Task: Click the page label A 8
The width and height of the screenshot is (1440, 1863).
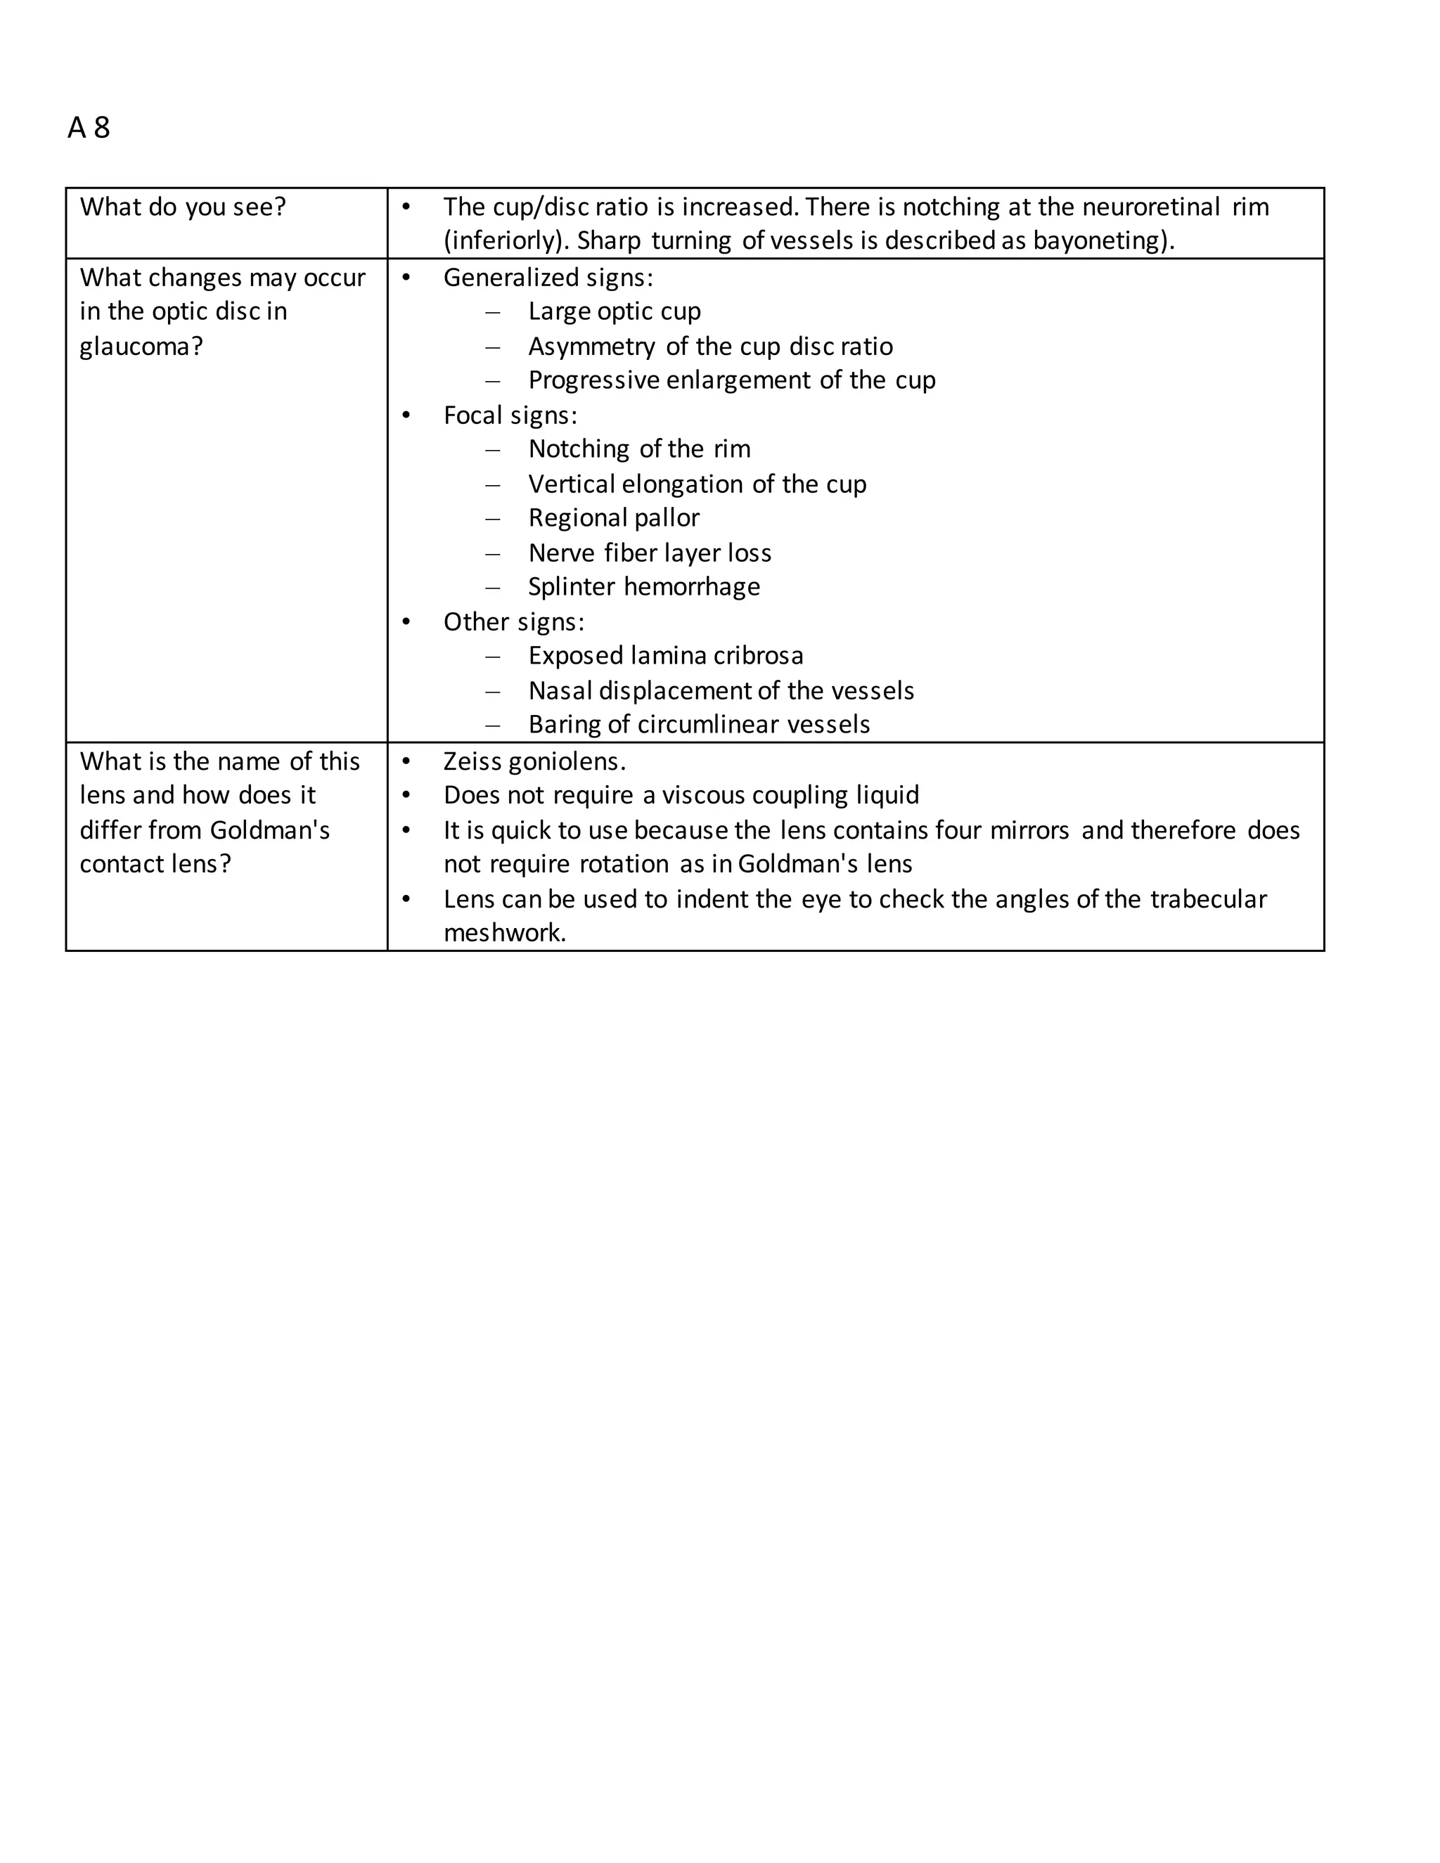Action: (89, 128)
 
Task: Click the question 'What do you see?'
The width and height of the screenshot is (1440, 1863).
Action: (183, 207)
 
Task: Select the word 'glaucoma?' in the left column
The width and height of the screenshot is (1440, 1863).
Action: (141, 347)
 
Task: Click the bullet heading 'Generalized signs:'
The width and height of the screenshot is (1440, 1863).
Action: (548, 278)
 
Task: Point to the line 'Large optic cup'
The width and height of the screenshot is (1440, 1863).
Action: (615, 311)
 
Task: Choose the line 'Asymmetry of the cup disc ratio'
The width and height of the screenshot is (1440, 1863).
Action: (709, 347)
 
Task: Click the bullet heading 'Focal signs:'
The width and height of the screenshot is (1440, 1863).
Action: (510, 415)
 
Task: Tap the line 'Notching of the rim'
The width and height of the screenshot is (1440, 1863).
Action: (639, 449)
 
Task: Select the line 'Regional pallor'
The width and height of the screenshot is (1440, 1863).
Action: (613, 518)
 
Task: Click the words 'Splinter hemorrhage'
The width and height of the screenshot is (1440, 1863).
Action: (643, 587)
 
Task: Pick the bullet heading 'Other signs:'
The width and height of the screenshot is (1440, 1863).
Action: (513, 622)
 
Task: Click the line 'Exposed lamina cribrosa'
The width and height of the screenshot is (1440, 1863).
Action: (665, 656)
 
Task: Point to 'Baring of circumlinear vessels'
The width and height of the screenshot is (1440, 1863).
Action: (699, 725)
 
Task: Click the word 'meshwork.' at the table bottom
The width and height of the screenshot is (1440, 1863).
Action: (504, 933)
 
